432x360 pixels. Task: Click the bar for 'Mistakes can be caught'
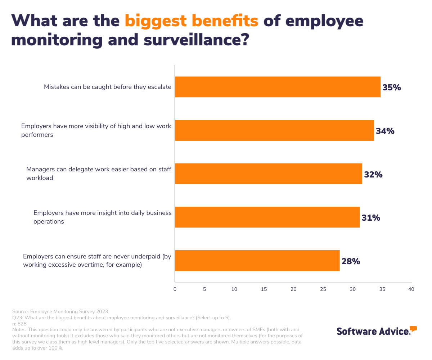277,87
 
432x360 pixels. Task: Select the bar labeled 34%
274,130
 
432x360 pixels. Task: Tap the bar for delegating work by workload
268,174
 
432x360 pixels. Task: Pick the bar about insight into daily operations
267,217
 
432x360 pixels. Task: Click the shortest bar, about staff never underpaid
257,261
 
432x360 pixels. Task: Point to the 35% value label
392,87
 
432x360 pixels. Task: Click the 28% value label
351,261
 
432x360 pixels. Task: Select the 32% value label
373,175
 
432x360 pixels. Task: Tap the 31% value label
371,218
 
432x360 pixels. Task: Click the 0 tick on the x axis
175,289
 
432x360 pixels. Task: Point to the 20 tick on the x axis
293,289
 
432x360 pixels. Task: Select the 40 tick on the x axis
411,289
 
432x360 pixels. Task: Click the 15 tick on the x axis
264,289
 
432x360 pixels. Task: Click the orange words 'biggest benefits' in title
192,21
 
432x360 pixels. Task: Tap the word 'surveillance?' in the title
196,40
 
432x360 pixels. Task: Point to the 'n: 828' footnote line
19,324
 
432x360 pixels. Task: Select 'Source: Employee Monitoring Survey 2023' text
60,311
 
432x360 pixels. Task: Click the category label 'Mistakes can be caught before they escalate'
107,87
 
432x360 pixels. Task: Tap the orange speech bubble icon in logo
413,328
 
